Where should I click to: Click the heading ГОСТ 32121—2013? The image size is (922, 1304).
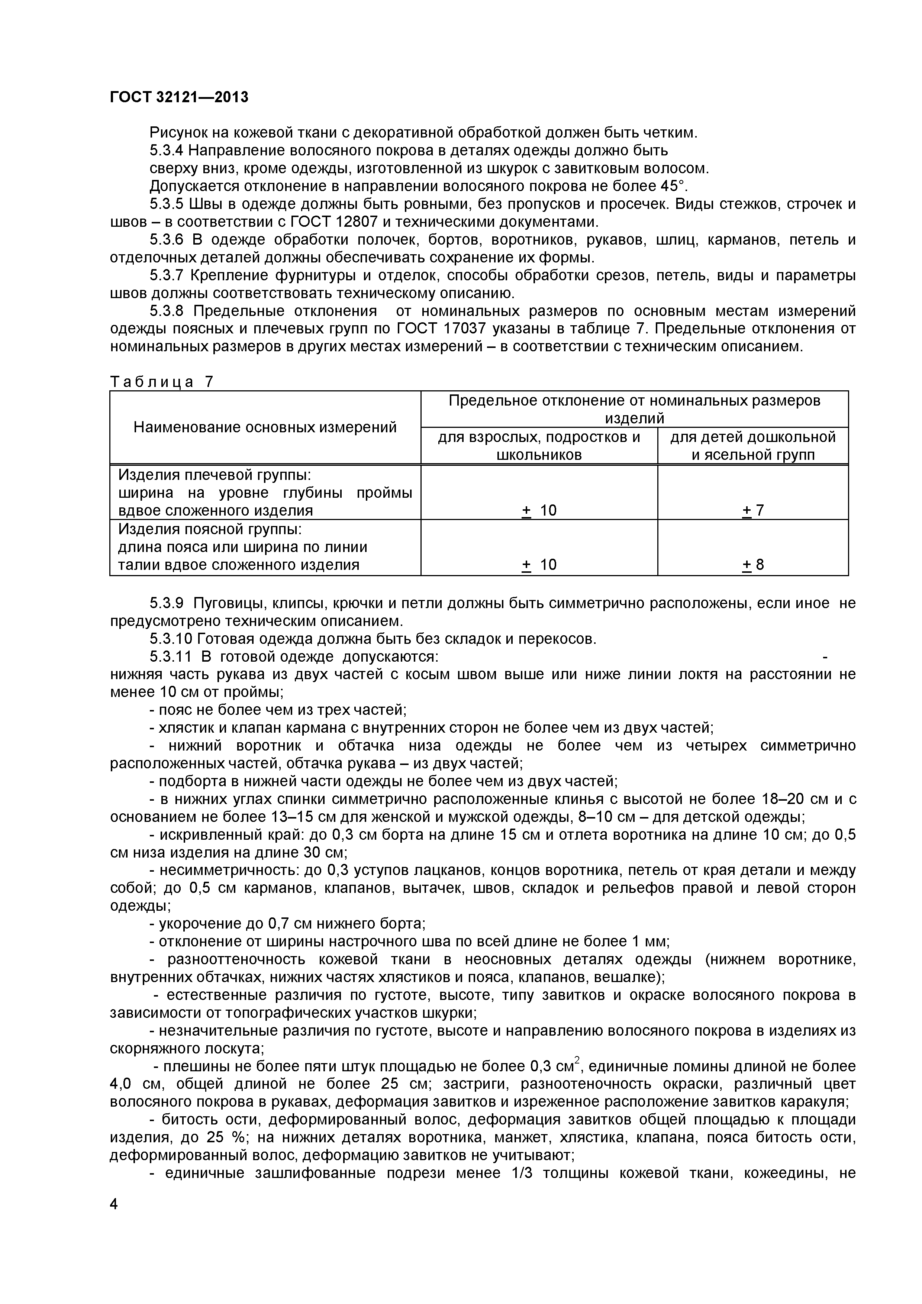[x=179, y=97]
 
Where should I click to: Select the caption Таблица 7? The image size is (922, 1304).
[x=161, y=382]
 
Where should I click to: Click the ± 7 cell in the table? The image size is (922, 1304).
[x=753, y=510]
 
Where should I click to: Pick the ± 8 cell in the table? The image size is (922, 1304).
[x=753, y=565]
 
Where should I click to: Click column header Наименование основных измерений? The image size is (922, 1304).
[x=265, y=427]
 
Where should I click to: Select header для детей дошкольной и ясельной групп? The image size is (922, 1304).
[x=753, y=445]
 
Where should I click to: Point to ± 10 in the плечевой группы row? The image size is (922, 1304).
[x=539, y=510]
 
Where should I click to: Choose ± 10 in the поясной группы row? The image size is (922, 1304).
[x=539, y=565]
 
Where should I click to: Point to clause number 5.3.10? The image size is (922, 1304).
[x=171, y=639]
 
